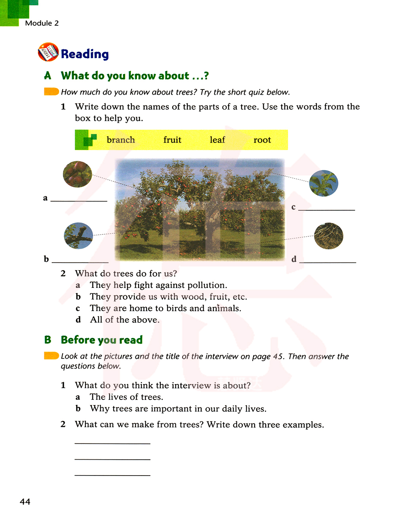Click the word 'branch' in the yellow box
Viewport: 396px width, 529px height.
pos(121,140)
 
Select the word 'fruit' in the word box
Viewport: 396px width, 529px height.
pos(172,140)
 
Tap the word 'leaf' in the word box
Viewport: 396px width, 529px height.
pos(217,140)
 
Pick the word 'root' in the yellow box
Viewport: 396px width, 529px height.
pos(262,140)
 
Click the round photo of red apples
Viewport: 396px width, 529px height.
pos(78,174)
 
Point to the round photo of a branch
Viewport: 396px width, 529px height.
pos(78,236)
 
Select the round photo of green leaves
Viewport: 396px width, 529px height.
pos(324,183)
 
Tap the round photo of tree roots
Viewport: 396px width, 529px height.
pos(329,236)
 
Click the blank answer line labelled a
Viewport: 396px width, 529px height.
pos(79,200)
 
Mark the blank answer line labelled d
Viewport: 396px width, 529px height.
pos(327,261)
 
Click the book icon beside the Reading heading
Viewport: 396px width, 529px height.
pos(48,52)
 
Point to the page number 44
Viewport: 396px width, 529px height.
pos(25,502)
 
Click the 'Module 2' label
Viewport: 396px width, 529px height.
pos(42,23)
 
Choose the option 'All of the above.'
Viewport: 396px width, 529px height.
pos(125,320)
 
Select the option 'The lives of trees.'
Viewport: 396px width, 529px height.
pos(126,397)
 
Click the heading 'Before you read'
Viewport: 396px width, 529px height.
pos(101,340)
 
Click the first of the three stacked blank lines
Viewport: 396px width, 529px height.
pos(112,443)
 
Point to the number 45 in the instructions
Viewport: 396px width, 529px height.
pos(278,356)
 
